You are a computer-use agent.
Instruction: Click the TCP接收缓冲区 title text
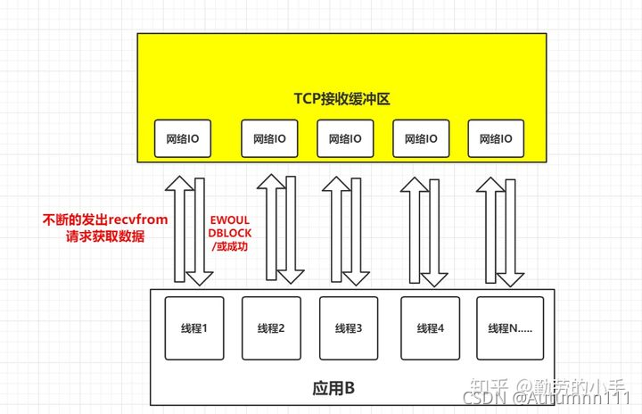coord(342,98)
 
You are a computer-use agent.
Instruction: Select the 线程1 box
coord(193,328)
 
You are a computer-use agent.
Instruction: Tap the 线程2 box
coord(268,328)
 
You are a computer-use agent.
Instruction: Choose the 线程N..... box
coord(509,328)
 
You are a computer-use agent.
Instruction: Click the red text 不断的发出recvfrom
coord(105,219)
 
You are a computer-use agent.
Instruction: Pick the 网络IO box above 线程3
coord(344,139)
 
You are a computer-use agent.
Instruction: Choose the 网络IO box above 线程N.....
coord(496,139)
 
